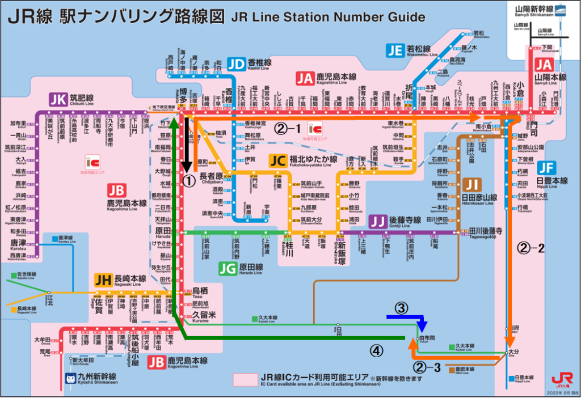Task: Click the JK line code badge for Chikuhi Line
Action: (x=58, y=100)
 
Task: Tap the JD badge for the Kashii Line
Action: (x=237, y=64)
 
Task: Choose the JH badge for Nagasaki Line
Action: (x=103, y=279)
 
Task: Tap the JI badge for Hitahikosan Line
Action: (x=472, y=184)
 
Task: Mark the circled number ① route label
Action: (x=190, y=180)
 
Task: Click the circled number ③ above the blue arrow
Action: (x=401, y=308)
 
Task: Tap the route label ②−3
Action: (x=427, y=367)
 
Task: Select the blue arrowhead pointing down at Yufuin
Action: (x=422, y=328)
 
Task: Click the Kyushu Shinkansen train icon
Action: (x=70, y=379)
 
